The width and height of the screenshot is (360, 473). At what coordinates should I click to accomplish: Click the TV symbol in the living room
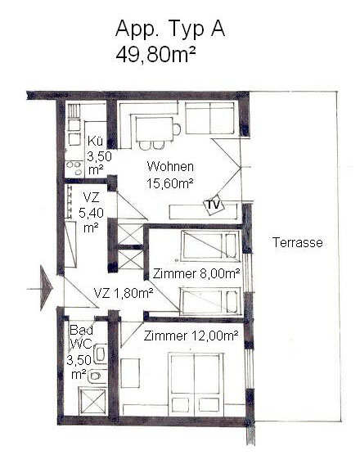click(214, 205)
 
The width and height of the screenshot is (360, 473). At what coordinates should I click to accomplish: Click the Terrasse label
click(298, 242)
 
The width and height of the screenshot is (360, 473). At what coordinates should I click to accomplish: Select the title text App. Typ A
click(170, 29)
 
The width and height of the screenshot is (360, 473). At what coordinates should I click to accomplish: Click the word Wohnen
click(170, 166)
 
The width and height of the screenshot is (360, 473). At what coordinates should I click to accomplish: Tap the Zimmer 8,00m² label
click(196, 273)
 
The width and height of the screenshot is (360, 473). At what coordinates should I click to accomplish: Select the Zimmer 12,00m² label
click(191, 336)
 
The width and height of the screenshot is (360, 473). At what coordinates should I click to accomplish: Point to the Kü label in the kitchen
click(95, 142)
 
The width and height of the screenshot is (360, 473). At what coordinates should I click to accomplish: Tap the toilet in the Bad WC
click(97, 376)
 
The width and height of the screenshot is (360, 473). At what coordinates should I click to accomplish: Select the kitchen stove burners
click(74, 169)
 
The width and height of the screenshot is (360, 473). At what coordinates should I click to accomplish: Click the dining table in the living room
click(154, 129)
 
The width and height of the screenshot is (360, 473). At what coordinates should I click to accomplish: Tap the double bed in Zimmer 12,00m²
click(196, 385)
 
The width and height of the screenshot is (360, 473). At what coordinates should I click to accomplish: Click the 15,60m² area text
click(169, 183)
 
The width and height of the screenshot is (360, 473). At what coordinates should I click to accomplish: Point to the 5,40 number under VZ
click(91, 213)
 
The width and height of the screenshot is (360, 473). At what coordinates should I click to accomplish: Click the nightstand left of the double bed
click(130, 373)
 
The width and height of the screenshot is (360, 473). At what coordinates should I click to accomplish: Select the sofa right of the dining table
click(209, 118)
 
